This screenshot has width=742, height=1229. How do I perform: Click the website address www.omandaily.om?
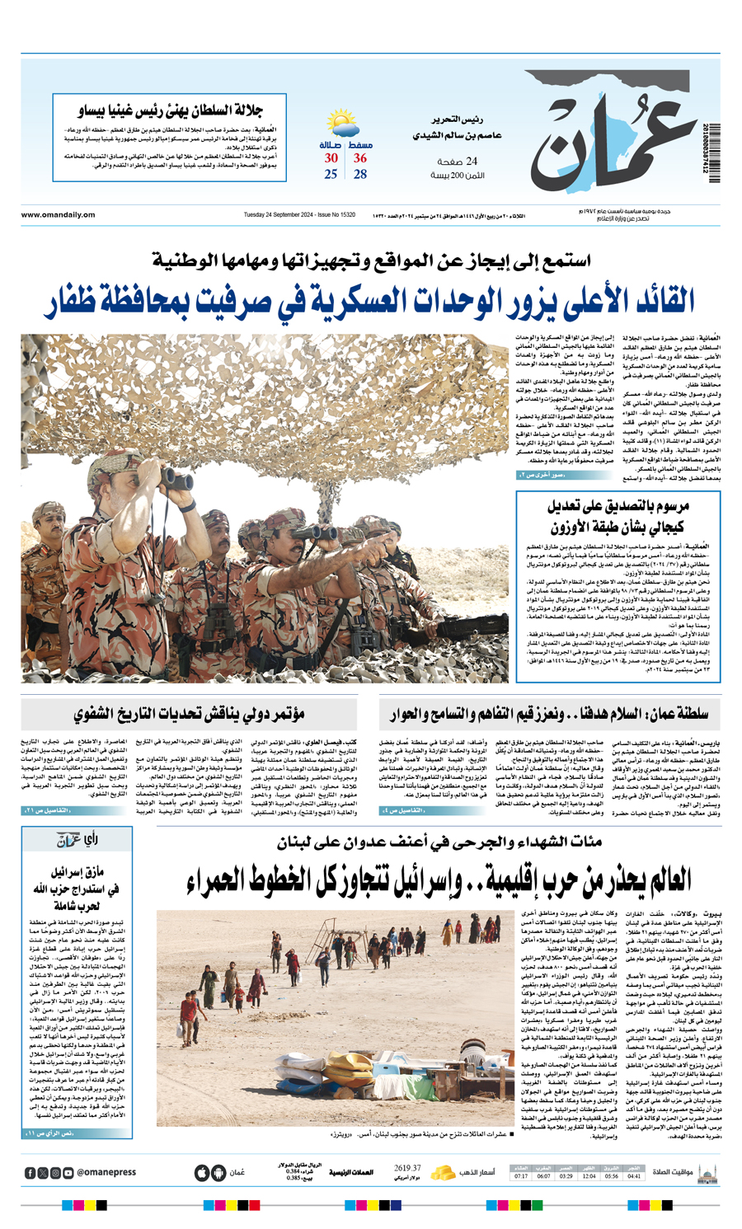58,215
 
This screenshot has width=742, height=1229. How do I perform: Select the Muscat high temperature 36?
360,157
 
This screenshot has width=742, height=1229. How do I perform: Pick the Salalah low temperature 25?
331,174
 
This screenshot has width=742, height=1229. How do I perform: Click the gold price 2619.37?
407,1168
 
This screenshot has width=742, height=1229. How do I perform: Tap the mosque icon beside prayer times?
707,1172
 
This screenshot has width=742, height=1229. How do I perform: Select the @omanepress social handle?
106,1172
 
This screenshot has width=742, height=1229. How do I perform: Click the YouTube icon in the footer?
68,1172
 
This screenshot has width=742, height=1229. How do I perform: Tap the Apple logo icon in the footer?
202,1172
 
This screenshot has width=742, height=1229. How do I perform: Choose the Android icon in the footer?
218,1172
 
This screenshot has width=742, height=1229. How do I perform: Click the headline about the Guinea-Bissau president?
170,110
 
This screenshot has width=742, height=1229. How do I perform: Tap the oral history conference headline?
190,714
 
